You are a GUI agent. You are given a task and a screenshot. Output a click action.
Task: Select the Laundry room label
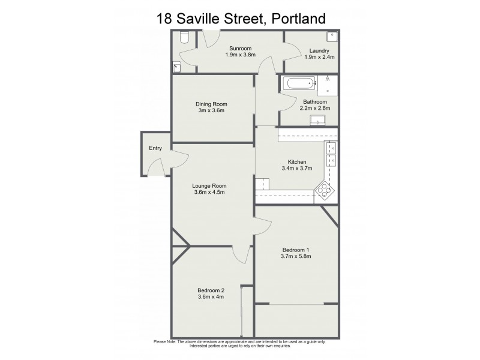(319, 50)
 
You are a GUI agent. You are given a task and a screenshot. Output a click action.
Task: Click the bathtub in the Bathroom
(297, 83)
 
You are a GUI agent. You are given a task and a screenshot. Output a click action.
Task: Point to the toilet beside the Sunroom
(184, 39)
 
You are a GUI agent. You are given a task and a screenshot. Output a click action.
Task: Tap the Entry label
(155, 149)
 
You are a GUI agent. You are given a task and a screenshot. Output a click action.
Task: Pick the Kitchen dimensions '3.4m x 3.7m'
(297, 169)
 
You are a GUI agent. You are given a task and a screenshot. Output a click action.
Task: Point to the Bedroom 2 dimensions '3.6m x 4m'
(211, 296)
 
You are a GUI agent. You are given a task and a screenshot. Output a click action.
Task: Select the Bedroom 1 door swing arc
(265, 227)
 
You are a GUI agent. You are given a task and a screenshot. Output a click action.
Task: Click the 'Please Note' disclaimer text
(240, 344)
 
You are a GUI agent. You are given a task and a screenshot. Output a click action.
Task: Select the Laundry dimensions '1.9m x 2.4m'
(319, 57)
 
